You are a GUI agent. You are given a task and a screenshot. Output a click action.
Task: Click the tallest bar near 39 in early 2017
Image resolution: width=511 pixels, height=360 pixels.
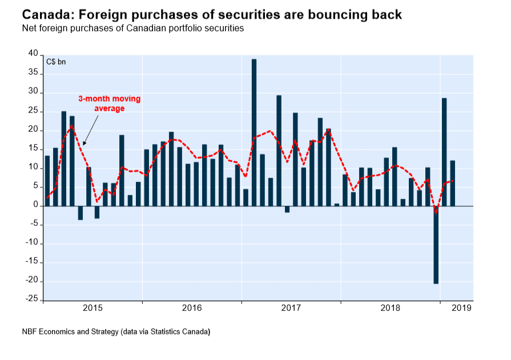[x=254, y=132]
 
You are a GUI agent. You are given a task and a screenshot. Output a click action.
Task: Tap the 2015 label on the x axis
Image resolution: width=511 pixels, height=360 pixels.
[x=92, y=308]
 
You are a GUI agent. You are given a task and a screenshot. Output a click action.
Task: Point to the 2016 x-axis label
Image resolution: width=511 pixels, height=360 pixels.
[x=192, y=308]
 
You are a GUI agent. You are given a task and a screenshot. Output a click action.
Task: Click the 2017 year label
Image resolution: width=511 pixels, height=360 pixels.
[x=291, y=308]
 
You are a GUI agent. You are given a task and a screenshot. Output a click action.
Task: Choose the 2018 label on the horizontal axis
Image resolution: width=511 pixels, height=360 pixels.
[x=391, y=308]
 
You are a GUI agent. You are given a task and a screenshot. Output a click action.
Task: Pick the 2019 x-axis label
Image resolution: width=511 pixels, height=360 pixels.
[x=461, y=308]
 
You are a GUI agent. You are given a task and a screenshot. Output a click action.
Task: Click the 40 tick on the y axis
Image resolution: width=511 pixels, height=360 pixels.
[x=33, y=54]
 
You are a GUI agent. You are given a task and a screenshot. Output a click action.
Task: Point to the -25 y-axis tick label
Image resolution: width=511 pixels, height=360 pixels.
[x=32, y=300]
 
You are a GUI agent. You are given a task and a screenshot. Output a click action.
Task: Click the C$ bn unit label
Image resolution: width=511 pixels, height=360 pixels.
[x=56, y=62]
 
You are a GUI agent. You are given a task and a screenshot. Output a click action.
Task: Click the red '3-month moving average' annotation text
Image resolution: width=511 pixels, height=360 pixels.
[x=109, y=103]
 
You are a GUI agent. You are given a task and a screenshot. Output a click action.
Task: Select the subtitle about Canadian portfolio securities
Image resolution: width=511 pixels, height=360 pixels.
[x=132, y=28]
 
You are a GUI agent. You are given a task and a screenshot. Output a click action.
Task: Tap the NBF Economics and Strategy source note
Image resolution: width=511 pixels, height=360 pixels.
[x=116, y=331]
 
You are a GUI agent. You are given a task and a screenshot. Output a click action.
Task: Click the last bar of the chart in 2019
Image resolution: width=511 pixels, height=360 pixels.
[x=453, y=183]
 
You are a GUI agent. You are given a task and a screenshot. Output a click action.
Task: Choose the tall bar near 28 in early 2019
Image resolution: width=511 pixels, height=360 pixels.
[x=444, y=152]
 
